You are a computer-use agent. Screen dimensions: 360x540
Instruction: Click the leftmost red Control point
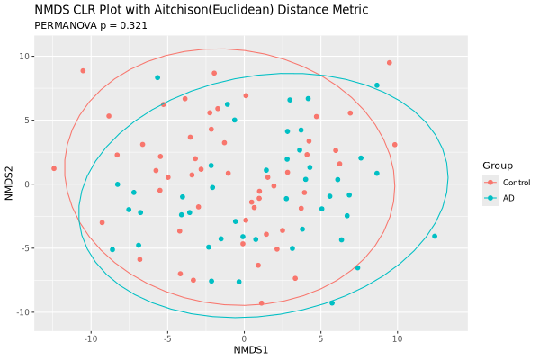54,168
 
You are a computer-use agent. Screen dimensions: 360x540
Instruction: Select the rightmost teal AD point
435,237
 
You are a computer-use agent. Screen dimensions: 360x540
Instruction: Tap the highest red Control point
389,63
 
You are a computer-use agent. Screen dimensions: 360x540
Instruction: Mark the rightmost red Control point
395,145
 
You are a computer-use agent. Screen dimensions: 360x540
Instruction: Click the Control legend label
517,183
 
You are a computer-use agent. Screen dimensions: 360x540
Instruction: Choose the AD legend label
508,198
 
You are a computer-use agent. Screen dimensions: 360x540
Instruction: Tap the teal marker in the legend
490,198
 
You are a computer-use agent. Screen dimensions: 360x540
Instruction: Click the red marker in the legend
490,183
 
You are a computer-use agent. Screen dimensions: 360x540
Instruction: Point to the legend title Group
498,166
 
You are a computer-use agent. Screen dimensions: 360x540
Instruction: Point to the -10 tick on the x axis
91,337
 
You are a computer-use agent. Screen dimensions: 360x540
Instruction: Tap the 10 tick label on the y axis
25,57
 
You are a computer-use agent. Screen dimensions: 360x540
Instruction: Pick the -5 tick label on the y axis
25,248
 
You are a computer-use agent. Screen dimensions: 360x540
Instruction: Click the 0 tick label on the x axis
244,337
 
